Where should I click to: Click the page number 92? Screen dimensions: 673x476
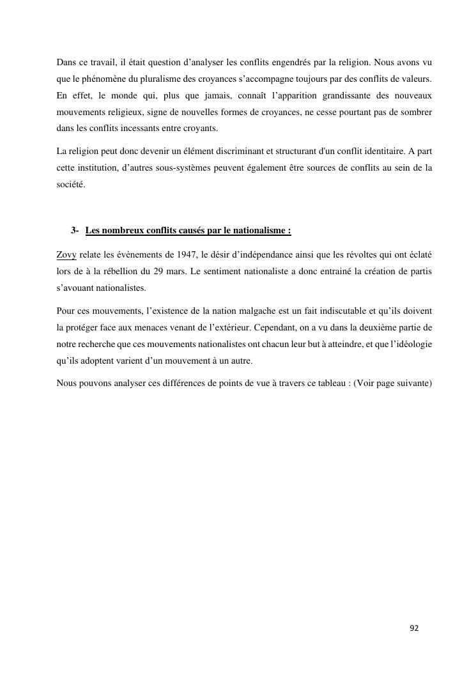tap(414, 628)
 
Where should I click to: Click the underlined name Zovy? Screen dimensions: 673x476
tap(66, 254)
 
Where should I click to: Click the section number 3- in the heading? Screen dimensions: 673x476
tap(75, 230)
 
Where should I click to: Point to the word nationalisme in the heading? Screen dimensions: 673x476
tap(263, 230)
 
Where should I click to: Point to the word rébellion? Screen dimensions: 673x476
tap(112, 271)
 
